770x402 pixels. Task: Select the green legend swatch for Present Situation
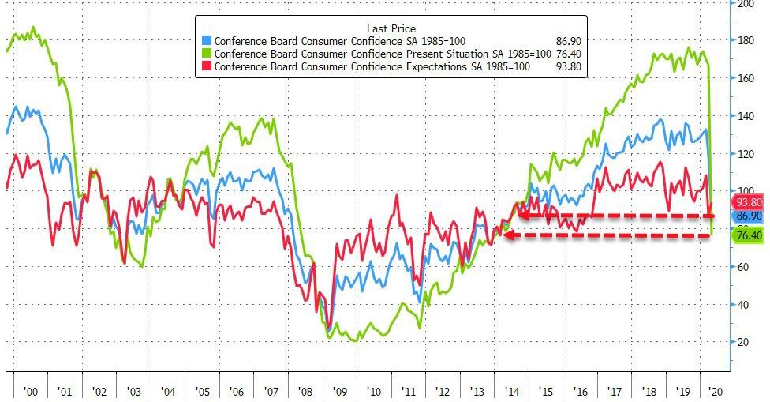[207, 54]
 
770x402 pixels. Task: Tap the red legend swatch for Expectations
[207, 68]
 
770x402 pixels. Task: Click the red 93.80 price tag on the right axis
[751, 201]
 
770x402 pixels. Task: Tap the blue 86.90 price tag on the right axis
[751, 216]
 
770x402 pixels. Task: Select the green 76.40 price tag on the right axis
[751, 235]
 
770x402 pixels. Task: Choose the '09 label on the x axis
[340, 390]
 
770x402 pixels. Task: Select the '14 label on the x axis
[511, 390]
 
